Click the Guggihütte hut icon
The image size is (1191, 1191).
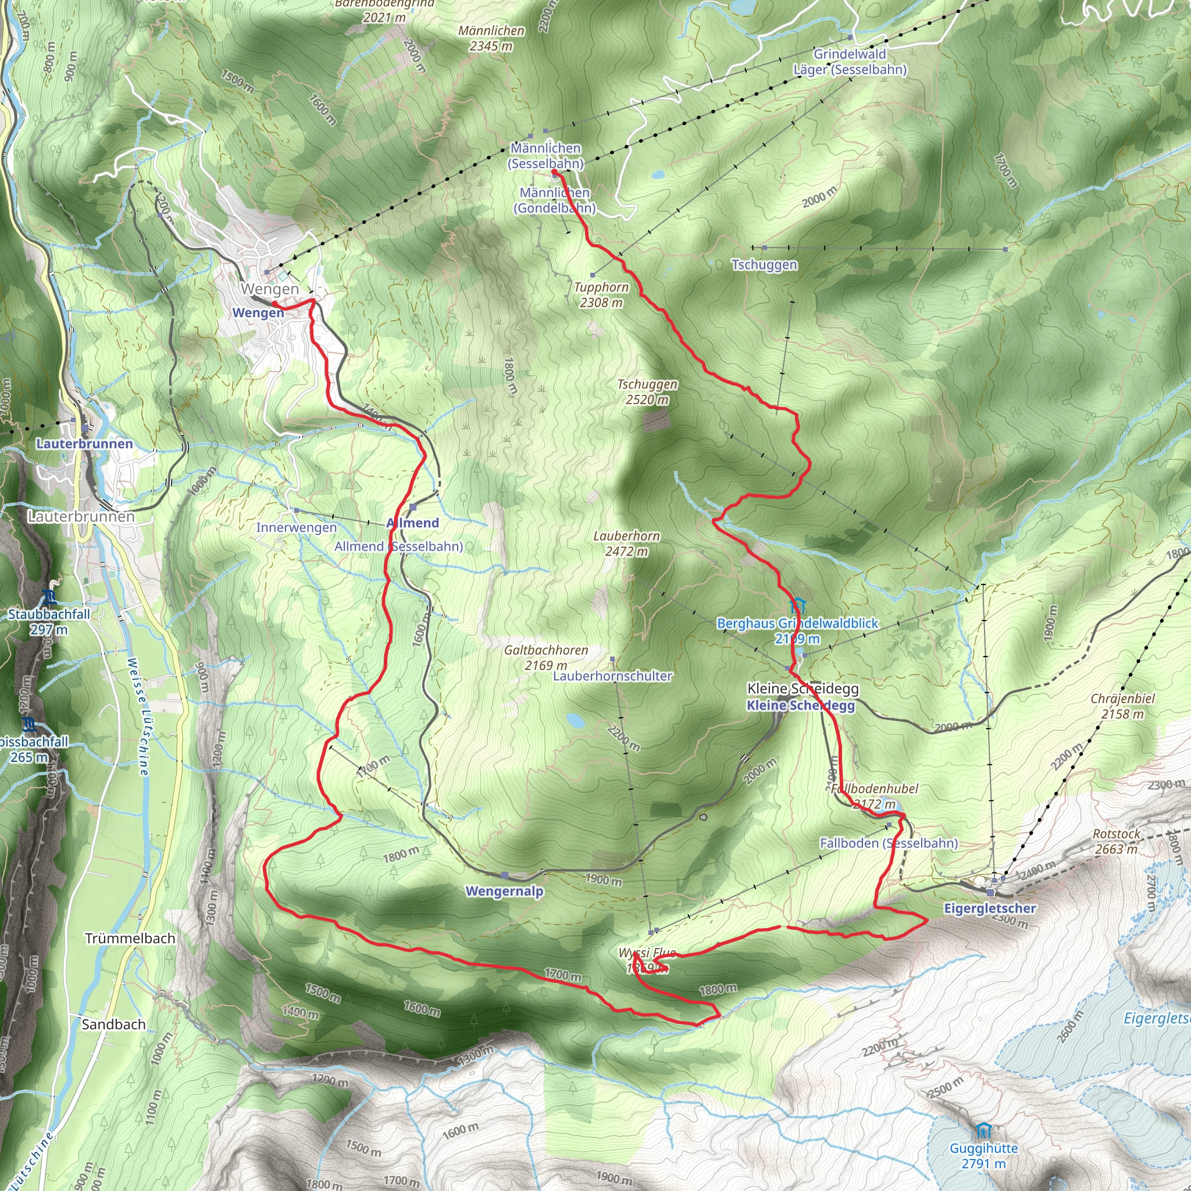click(x=984, y=1131)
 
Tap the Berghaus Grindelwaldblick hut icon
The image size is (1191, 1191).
click(x=798, y=605)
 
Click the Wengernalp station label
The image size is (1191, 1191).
click(x=504, y=892)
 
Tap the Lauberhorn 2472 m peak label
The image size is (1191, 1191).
click(x=626, y=544)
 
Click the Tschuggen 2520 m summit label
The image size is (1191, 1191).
click(x=647, y=392)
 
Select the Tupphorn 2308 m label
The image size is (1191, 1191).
click(x=601, y=295)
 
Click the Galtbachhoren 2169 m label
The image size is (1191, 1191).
click(x=545, y=657)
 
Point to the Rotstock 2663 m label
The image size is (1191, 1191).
click(x=1117, y=841)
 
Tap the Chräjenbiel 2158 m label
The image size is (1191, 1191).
click(x=1122, y=706)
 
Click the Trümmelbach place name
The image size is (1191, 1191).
click(x=130, y=938)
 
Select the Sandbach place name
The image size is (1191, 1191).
click(x=113, y=1024)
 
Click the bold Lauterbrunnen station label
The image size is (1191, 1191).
click(x=84, y=444)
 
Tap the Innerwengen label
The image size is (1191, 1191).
click(x=297, y=527)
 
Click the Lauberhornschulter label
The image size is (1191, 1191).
click(x=612, y=676)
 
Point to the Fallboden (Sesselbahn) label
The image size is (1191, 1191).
click(x=889, y=843)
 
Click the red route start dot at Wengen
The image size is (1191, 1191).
click(x=275, y=304)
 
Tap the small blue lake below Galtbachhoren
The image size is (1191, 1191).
click(x=575, y=719)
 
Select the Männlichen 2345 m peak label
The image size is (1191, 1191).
click(x=491, y=38)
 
